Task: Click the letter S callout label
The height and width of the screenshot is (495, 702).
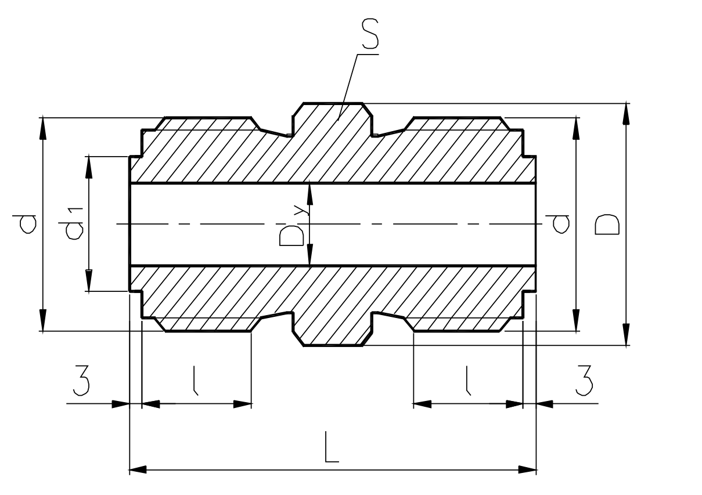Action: click(x=370, y=34)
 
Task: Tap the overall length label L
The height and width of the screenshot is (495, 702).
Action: click(x=332, y=447)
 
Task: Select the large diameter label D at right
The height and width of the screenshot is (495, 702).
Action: click(x=607, y=225)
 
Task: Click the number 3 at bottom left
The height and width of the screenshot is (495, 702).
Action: click(x=81, y=380)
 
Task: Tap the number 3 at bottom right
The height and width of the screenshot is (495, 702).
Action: click(x=584, y=380)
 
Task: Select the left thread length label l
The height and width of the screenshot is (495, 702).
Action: click(x=196, y=380)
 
